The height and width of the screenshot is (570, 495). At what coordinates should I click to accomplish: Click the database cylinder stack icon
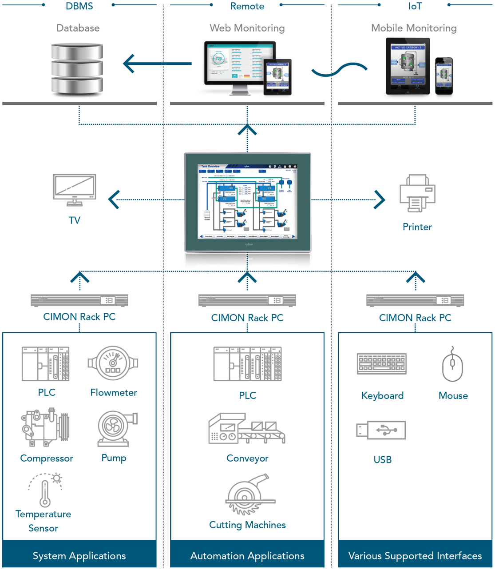pyautogui.click(x=77, y=69)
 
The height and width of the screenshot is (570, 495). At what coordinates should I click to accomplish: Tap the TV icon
pyautogui.click(x=75, y=190)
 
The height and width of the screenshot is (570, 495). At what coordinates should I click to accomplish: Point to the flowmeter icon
pyautogui.click(x=113, y=363)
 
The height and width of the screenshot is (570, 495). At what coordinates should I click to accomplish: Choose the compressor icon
pyautogui.click(x=46, y=427)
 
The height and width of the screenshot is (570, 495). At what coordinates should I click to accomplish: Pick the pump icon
pyautogui.click(x=117, y=428)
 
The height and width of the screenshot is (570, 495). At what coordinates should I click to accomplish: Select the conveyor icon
pyautogui.click(x=247, y=429)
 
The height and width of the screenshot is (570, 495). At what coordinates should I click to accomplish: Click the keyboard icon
pyautogui.click(x=382, y=364)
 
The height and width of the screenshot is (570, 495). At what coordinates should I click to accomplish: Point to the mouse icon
pyautogui.click(x=452, y=364)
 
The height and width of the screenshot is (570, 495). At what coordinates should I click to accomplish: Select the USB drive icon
pyautogui.click(x=381, y=430)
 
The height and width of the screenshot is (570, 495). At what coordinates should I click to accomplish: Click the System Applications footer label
pyautogui.click(x=79, y=556)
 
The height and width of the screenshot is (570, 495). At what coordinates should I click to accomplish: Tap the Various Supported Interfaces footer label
pyautogui.click(x=415, y=556)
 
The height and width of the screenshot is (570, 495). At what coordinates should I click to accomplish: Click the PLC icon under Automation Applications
pyautogui.click(x=247, y=364)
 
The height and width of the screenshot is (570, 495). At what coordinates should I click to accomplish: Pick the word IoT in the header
pyautogui.click(x=415, y=6)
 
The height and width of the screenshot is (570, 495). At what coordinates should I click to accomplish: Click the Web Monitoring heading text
pyautogui.click(x=247, y=28)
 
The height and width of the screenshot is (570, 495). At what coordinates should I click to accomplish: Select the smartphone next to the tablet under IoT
pyautogui.click(x=444, y=76)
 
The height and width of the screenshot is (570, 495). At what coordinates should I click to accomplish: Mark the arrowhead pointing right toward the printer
pyautogui.click(x=380, y=199)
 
